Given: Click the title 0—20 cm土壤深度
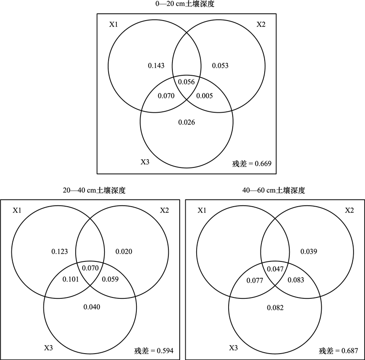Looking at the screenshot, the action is [x=185, y=4].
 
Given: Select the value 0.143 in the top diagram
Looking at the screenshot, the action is [x=156, y=66].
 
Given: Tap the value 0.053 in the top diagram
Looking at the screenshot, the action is [x=220, y=66].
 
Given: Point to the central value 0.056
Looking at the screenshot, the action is [x=186, y=82].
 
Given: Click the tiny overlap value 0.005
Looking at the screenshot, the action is [x=204, y=96].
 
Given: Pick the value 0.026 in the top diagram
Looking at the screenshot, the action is [x=187, y=122].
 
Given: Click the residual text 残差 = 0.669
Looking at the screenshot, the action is [x=252, y=164].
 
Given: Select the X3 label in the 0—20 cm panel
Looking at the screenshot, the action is [x=145, y=162].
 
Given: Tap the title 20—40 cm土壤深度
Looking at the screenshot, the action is [x=94, y=190].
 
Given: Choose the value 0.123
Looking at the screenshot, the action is [x=60, y=251].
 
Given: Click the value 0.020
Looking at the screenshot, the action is [x=124, y=251].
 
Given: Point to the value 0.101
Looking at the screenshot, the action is [x=71, y=279].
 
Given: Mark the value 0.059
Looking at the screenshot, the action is [x=110, y=279].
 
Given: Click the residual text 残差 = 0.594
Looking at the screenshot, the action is [x=154, y=351].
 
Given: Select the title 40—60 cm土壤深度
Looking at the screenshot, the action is [x=274, y=190].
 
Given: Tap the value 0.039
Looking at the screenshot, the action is [x=309, y=251].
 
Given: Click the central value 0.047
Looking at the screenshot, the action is [x=275, y=269].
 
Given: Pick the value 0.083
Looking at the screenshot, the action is [x=296, y=280].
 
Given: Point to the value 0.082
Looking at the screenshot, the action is [x=276, y=308].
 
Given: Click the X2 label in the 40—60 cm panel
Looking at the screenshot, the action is [x=349, y=210].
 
